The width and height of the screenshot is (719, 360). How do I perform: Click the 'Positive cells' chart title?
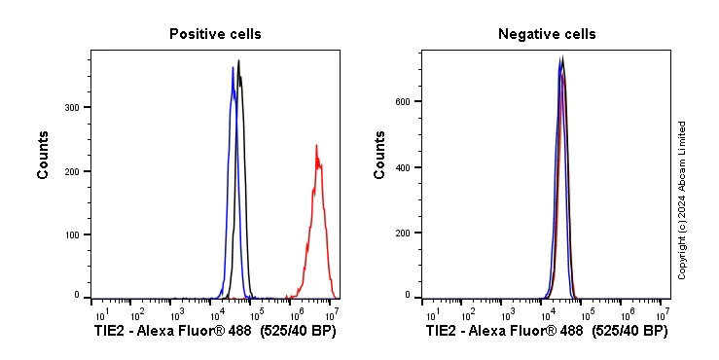215,34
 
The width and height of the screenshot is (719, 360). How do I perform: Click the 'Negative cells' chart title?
547,34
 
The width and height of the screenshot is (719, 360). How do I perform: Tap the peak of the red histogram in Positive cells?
316,147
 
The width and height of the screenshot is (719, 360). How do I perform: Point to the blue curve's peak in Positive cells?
233,67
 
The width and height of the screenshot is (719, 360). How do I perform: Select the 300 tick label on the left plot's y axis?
71,107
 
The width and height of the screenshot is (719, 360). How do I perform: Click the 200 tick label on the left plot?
71,171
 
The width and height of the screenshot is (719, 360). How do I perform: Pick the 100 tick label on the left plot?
71,234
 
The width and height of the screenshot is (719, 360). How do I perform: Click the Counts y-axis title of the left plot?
43,155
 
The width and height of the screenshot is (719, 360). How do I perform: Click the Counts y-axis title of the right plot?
379,155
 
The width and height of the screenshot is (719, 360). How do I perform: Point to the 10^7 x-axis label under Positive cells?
331,314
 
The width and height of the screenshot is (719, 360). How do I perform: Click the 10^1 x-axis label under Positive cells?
101,314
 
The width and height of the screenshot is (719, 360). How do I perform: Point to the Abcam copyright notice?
682,199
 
